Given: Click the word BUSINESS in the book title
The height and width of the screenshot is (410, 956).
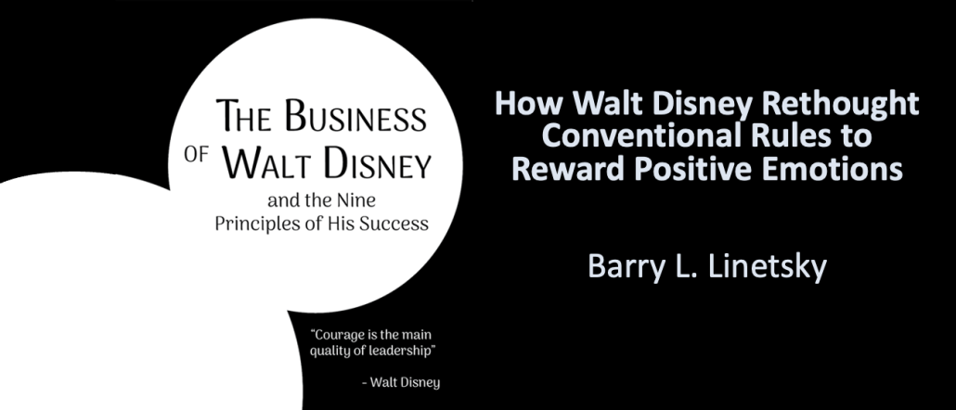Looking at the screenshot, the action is [x=355, y=116].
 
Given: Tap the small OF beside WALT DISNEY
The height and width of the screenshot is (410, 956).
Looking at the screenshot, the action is [x=197, y=155].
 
